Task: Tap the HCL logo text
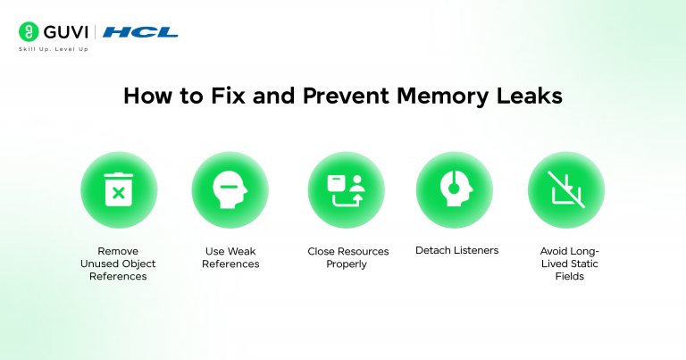tap(140, 32)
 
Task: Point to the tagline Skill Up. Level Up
tap(54, 49)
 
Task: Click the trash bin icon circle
tap(119, 189)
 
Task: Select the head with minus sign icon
tap(230, 189)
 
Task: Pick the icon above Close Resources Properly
tap(347, 189)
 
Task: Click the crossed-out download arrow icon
tap(566, 189)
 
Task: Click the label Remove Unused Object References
tap(119, 264)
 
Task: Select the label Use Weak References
tap(230, 258)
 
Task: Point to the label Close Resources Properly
tap(348, 258)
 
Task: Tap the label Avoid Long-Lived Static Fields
tap(566, 264)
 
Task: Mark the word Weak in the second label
tap(244, 252)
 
